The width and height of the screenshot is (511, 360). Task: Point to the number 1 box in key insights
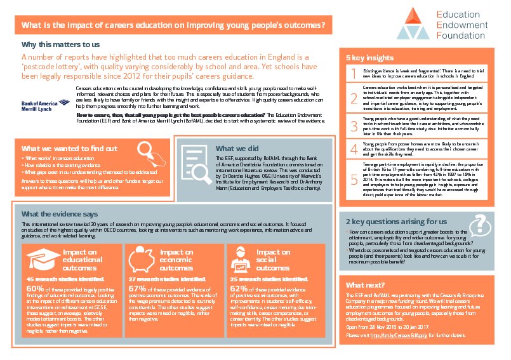tap(354, 76)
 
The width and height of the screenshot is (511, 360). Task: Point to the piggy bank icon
tap(145, 258)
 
